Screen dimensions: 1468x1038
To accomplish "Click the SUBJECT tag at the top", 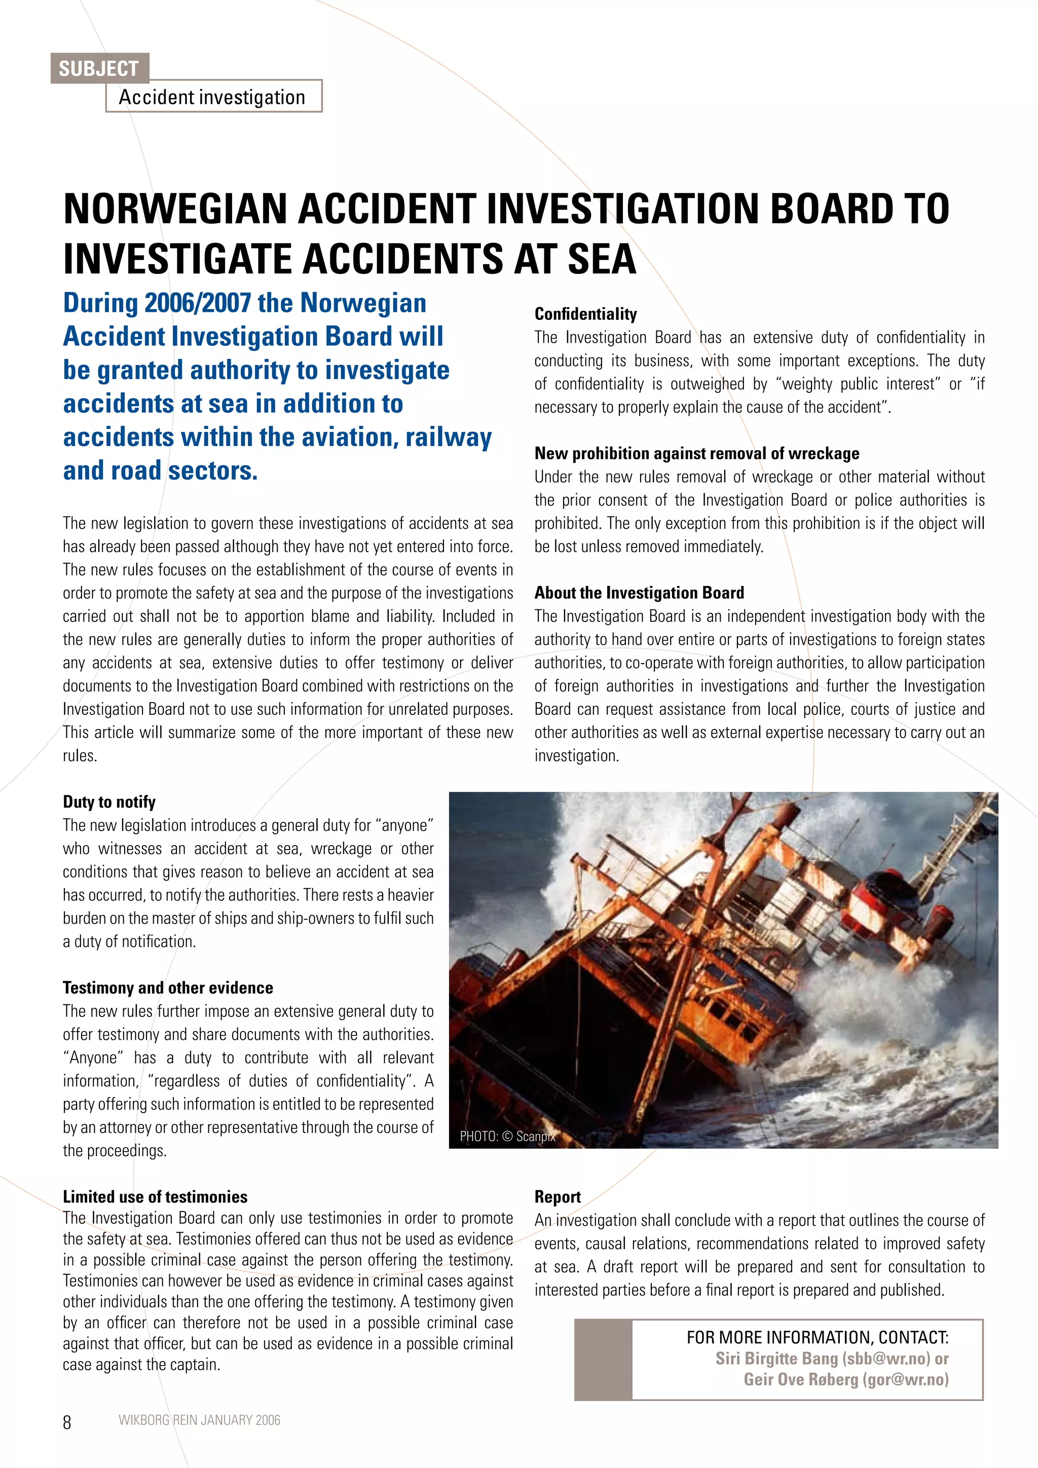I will point(99,68).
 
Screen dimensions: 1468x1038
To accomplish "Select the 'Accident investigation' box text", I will point(212,97).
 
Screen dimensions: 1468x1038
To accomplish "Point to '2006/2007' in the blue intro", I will point(198,303).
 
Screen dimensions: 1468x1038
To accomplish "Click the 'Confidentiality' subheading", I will point(585,314).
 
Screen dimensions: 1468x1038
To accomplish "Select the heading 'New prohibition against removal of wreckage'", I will point(697,453).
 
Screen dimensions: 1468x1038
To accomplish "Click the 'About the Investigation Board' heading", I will point(639,593).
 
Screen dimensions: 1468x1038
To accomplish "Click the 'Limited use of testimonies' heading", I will point(155,1197).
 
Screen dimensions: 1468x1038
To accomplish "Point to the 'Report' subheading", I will point(558,1197).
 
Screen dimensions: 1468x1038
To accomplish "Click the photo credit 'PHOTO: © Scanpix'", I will point(507,1136).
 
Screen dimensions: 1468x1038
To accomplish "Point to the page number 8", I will point(67,1422).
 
